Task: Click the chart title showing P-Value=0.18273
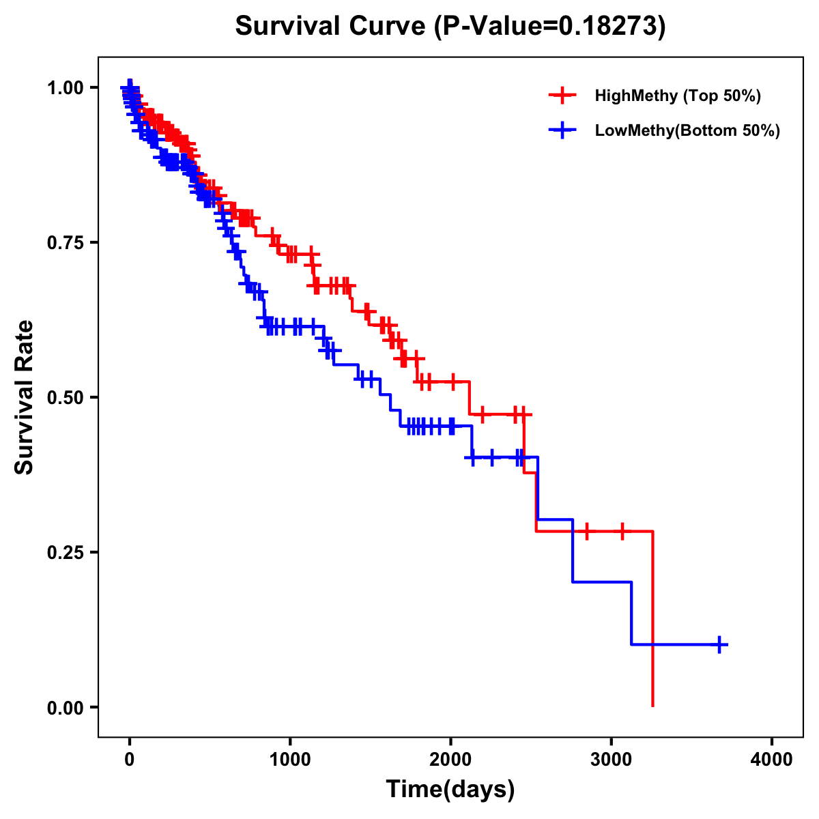coord(450,26)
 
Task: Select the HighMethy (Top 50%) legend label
coord(678,96)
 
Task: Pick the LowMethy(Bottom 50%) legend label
coord(687,130)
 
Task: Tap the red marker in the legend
coord(562,96)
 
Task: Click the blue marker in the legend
coord(562,130)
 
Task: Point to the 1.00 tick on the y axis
coord(65,87)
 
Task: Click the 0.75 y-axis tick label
coord(65,242)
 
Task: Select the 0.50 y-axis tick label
coord(65,397)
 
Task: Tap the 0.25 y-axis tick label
coord(65,552)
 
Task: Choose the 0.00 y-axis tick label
coord(65,707)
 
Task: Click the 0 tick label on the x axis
coord(130,760)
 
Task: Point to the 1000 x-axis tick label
coord(290,760)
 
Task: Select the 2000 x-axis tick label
coord(450,760)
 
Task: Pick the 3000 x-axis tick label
coord(611,760)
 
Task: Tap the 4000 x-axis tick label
coord(772,760)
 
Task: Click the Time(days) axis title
coord(450,790)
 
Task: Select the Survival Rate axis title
coord(25,397)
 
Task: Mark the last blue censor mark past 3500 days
coord(719,644)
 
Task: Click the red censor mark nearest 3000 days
coord(622,531)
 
